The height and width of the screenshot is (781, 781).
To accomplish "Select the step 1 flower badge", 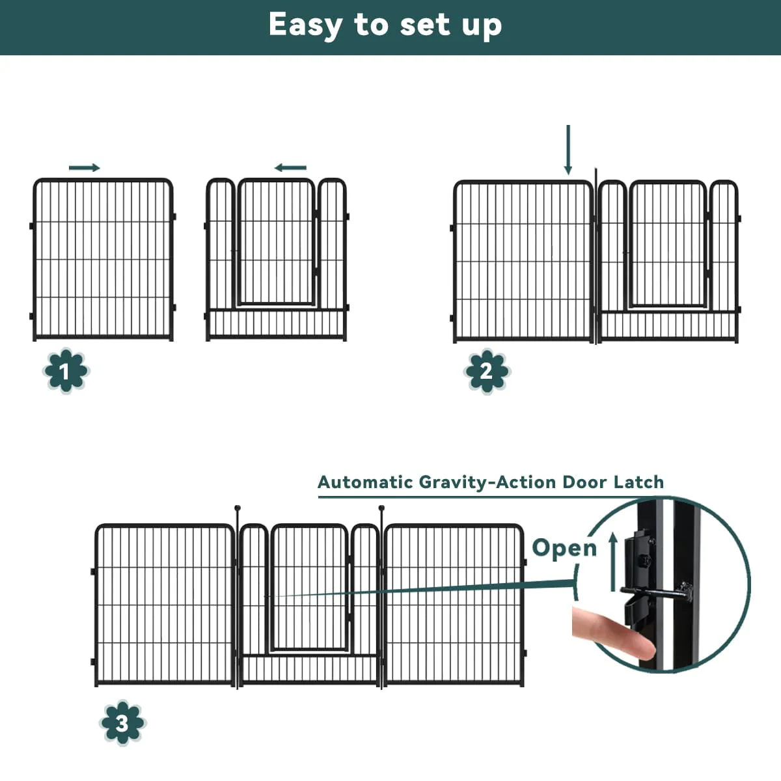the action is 66,370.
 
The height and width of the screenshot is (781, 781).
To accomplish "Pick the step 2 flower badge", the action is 487,370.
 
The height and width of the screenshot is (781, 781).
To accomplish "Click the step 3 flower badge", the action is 122,722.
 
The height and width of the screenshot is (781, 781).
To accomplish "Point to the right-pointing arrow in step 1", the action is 85,168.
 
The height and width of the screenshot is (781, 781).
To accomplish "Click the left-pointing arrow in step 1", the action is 290,168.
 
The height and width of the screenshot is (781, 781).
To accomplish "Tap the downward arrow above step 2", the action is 568,150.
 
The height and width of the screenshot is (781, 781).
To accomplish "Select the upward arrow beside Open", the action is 613,562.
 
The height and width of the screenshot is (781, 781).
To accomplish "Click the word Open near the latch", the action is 564,549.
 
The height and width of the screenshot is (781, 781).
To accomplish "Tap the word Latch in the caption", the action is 638,482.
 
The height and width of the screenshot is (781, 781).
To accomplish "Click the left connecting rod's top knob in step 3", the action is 238,508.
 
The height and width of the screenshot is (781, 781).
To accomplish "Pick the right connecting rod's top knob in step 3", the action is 381,508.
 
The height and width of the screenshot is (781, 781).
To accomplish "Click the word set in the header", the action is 425,25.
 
